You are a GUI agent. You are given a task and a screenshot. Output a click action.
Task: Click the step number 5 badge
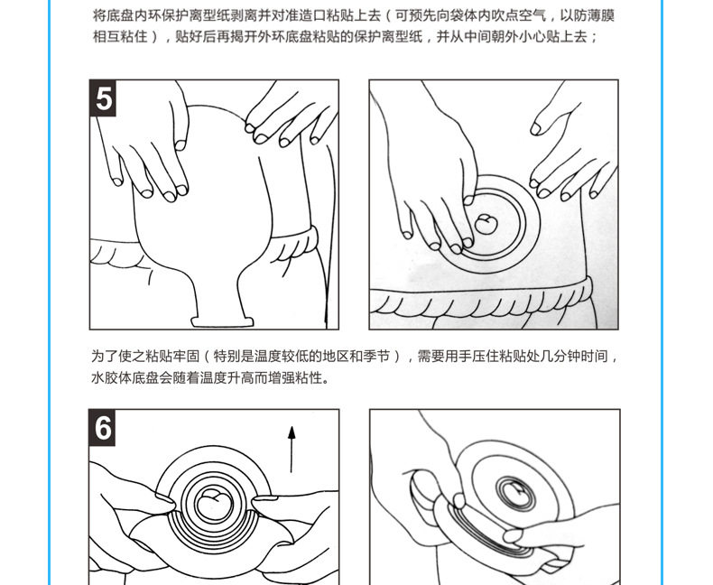103,98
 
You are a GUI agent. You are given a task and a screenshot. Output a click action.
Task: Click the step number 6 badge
102,428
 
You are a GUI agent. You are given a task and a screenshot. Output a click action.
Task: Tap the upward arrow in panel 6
292,449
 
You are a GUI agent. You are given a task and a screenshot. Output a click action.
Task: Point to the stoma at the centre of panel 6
215,503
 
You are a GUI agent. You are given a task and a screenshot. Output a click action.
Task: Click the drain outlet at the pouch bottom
222,321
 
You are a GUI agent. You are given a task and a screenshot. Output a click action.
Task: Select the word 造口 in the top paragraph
313,15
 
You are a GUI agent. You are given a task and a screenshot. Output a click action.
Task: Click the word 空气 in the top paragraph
532,15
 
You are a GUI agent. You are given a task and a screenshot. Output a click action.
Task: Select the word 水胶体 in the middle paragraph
111,377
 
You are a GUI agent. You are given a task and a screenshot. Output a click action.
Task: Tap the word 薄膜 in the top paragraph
601,15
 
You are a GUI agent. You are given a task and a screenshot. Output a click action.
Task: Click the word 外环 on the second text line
271,36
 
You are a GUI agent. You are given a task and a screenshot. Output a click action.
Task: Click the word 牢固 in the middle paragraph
186,357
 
